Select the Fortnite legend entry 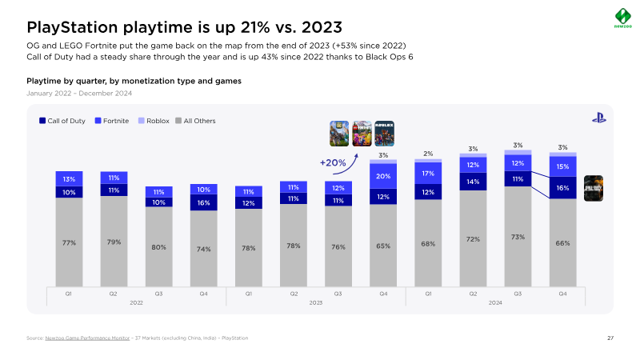point(112,121)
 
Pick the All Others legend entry point(195,121)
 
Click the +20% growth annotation point(332,163)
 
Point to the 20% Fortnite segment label point(383,176)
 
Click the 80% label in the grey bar point(158,247)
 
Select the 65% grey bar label point(383,246)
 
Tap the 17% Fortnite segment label point(428,173)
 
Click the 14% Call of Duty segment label point(473,182)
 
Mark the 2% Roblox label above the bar point(428,154)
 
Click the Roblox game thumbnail point(385,133)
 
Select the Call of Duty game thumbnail point(594,188)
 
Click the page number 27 point(610,338)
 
